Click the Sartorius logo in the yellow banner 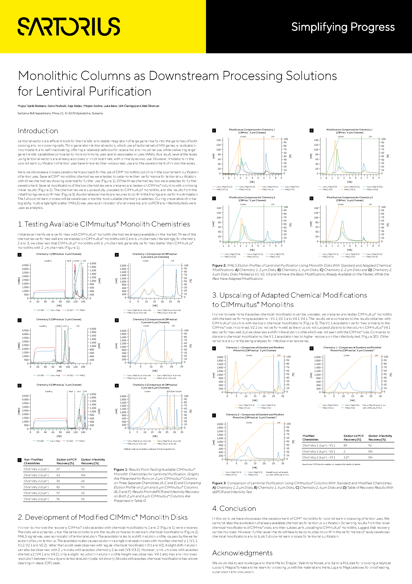pos(69,26)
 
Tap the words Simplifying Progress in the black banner pos(343,27)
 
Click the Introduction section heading pos(38,131)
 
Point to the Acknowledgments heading pos(242,553)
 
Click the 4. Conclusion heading pos(234,508)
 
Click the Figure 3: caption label pos(219,483)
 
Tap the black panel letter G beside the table pos(19,460)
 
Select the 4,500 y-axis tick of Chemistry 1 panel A pos(25,265)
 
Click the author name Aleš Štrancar pos(150,106)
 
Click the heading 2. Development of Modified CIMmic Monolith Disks pos(103,517)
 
